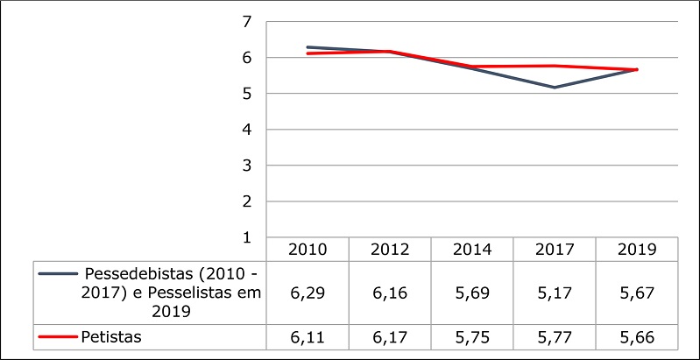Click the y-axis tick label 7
pos(246,21)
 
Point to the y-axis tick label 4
pos(246,129)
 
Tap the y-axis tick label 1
pos(246,237)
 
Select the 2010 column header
pos(308,250)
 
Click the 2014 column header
pos(472,250)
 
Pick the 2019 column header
pos(637,250)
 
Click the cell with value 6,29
pos(308,293)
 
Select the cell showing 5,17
pos(555,293)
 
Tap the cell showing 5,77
pos(555,337)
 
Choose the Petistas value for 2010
pos(308,337)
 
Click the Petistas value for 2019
pos(637,337)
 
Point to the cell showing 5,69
pos(472,293)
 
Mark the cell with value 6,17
pos(390,337)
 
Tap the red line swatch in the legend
pos(57,337)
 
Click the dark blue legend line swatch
pos(57,273)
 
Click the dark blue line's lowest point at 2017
pos(555,87)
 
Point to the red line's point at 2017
pos(555,66)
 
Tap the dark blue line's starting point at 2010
pos(308,47)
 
